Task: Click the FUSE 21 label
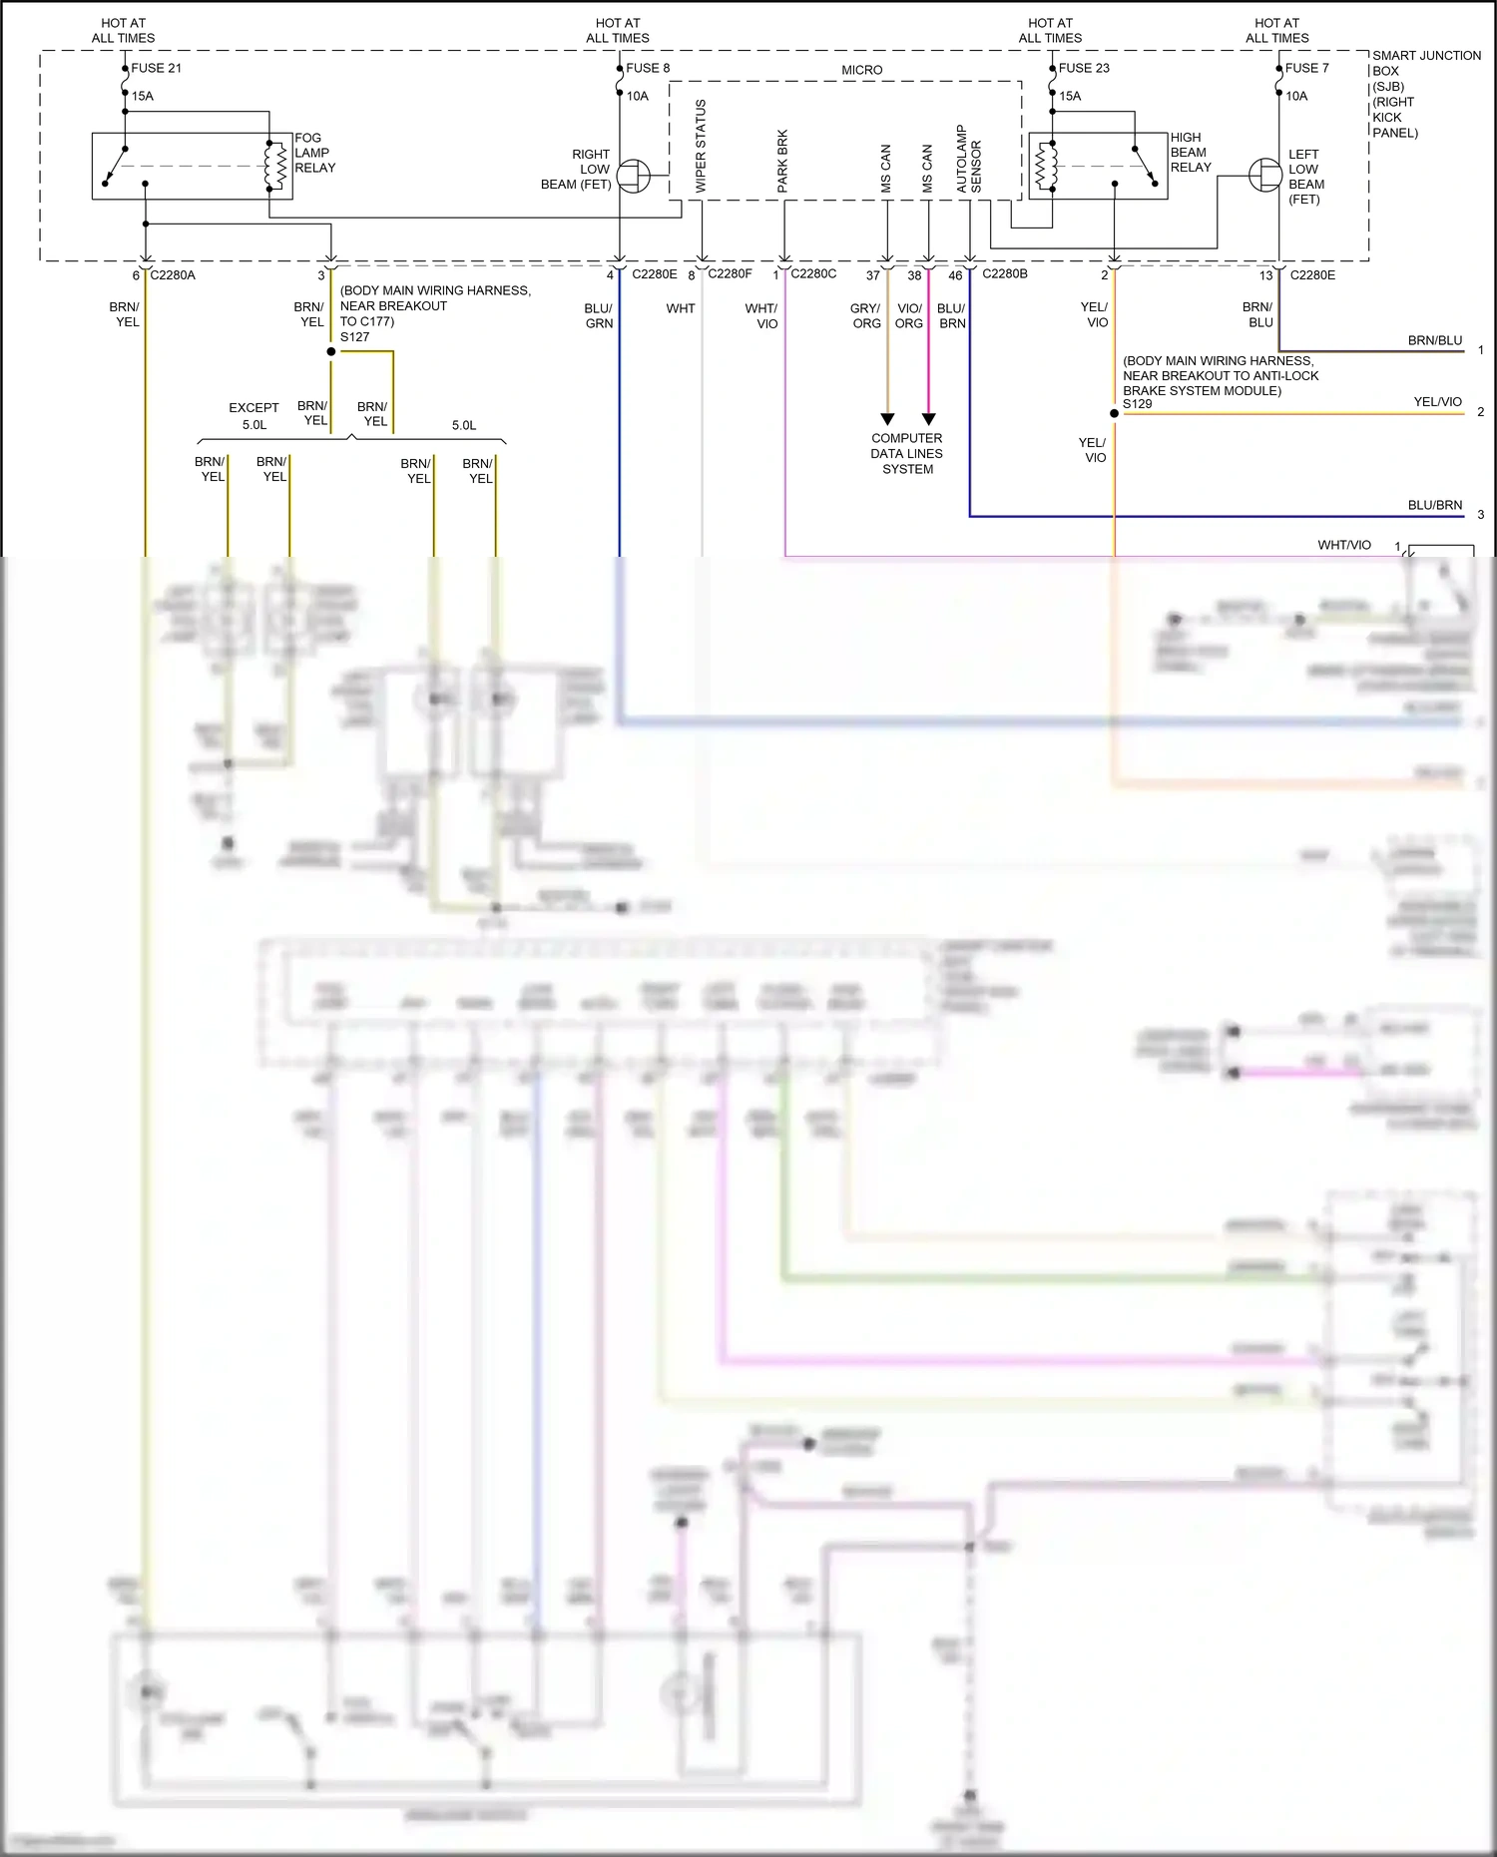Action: (156, 68)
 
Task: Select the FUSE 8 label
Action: (648, 68)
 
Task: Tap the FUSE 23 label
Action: (1084, 68)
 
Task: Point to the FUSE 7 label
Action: (1306, 68)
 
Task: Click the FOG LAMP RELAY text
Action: (314, 153)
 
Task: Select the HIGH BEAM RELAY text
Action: (1191, 152)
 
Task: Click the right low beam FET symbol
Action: (632, 178)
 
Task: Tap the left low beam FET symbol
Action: (1265, 176)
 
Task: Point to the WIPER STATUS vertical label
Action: (701, 146)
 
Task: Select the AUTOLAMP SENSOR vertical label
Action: (969, 159)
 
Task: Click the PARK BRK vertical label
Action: (782, 161)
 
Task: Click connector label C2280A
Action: (173, 274)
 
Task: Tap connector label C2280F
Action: (730, 273)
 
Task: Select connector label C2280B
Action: (1004, 273)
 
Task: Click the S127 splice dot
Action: (331, 351)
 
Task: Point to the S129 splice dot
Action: (1114, 413)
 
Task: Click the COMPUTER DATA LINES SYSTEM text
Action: (906, 453)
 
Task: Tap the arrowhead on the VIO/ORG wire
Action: (928, 419)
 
